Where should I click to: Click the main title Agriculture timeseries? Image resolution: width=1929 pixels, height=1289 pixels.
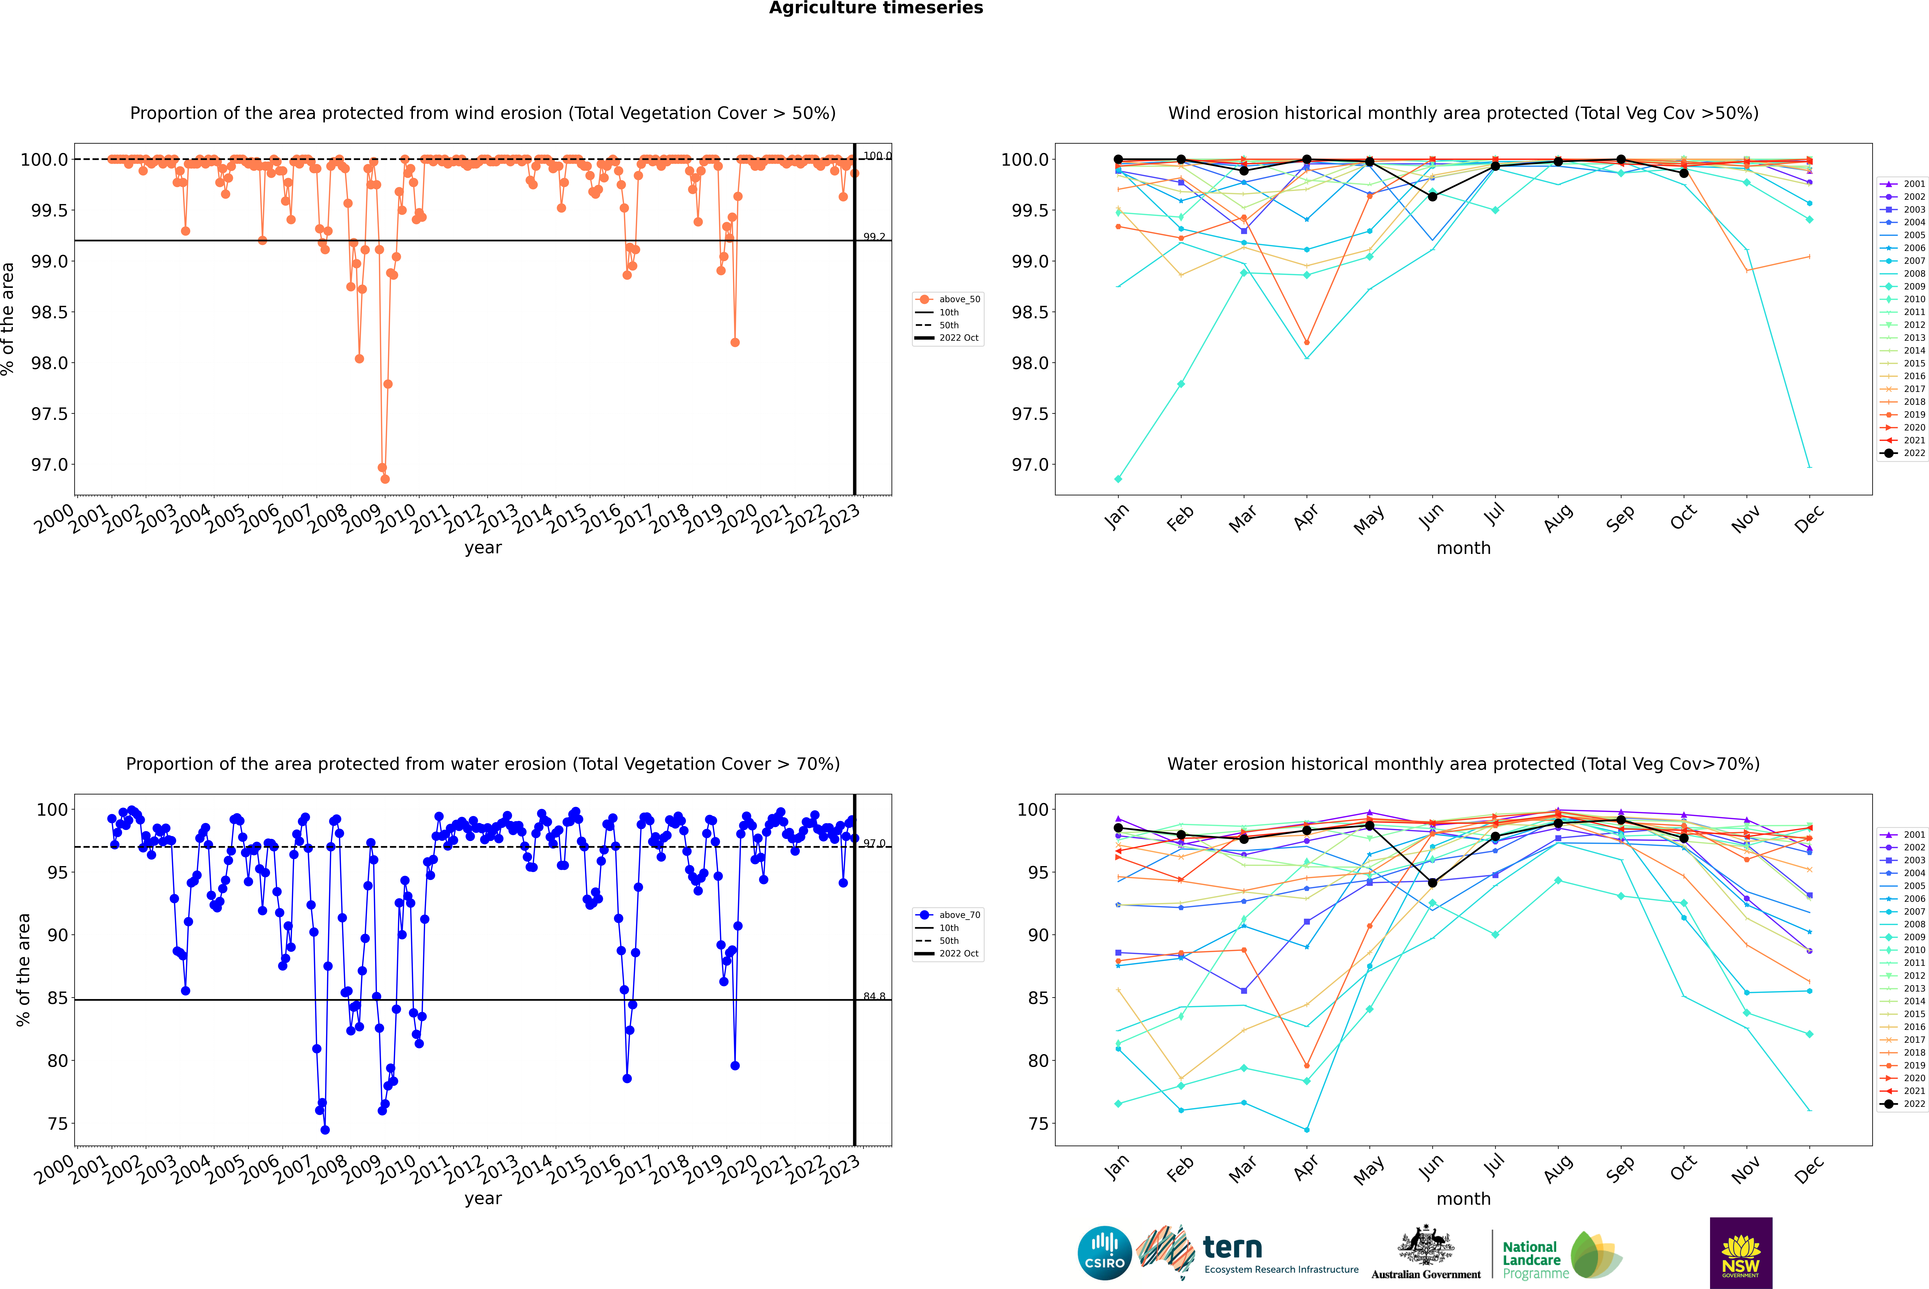(x=876, y=8)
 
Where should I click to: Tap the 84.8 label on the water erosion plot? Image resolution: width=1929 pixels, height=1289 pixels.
(x=874, y=996)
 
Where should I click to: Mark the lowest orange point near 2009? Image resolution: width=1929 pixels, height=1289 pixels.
(x=385, y=478)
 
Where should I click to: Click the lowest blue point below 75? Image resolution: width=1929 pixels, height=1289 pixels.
(x=325, y=1129)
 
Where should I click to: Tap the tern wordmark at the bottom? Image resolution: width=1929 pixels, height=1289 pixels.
(x=1232, y=1247)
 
